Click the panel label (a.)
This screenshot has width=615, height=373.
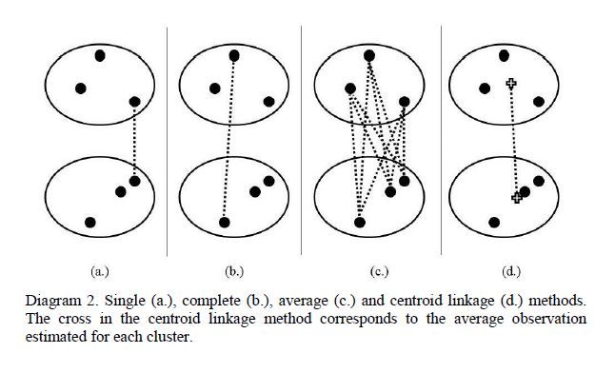point(100,271)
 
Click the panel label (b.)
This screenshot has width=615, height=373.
point(234,271)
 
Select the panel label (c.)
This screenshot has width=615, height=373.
point(379,271)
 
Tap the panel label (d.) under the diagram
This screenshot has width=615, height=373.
point(511,271)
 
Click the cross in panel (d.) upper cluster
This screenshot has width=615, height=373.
point(510,83)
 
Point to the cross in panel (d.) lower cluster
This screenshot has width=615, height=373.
point(517,198)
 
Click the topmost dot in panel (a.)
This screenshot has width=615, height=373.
point(100,56)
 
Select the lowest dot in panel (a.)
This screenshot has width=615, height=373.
point(90,223)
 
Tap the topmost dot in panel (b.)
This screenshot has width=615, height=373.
point(234,56)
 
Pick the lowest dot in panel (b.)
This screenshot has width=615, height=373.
point(225,223)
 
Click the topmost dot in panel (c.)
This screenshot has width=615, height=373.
point(369,56)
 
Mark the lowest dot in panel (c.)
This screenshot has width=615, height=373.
point(360,223)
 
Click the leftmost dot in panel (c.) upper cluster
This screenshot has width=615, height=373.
point(350,88)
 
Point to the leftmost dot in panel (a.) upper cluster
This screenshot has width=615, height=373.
point(81,88)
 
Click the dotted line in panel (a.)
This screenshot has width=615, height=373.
point(134,142)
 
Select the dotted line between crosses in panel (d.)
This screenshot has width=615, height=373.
point(514,141)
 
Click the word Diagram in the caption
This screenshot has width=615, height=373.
point(52,301)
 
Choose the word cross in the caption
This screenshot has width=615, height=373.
point(75,319)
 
